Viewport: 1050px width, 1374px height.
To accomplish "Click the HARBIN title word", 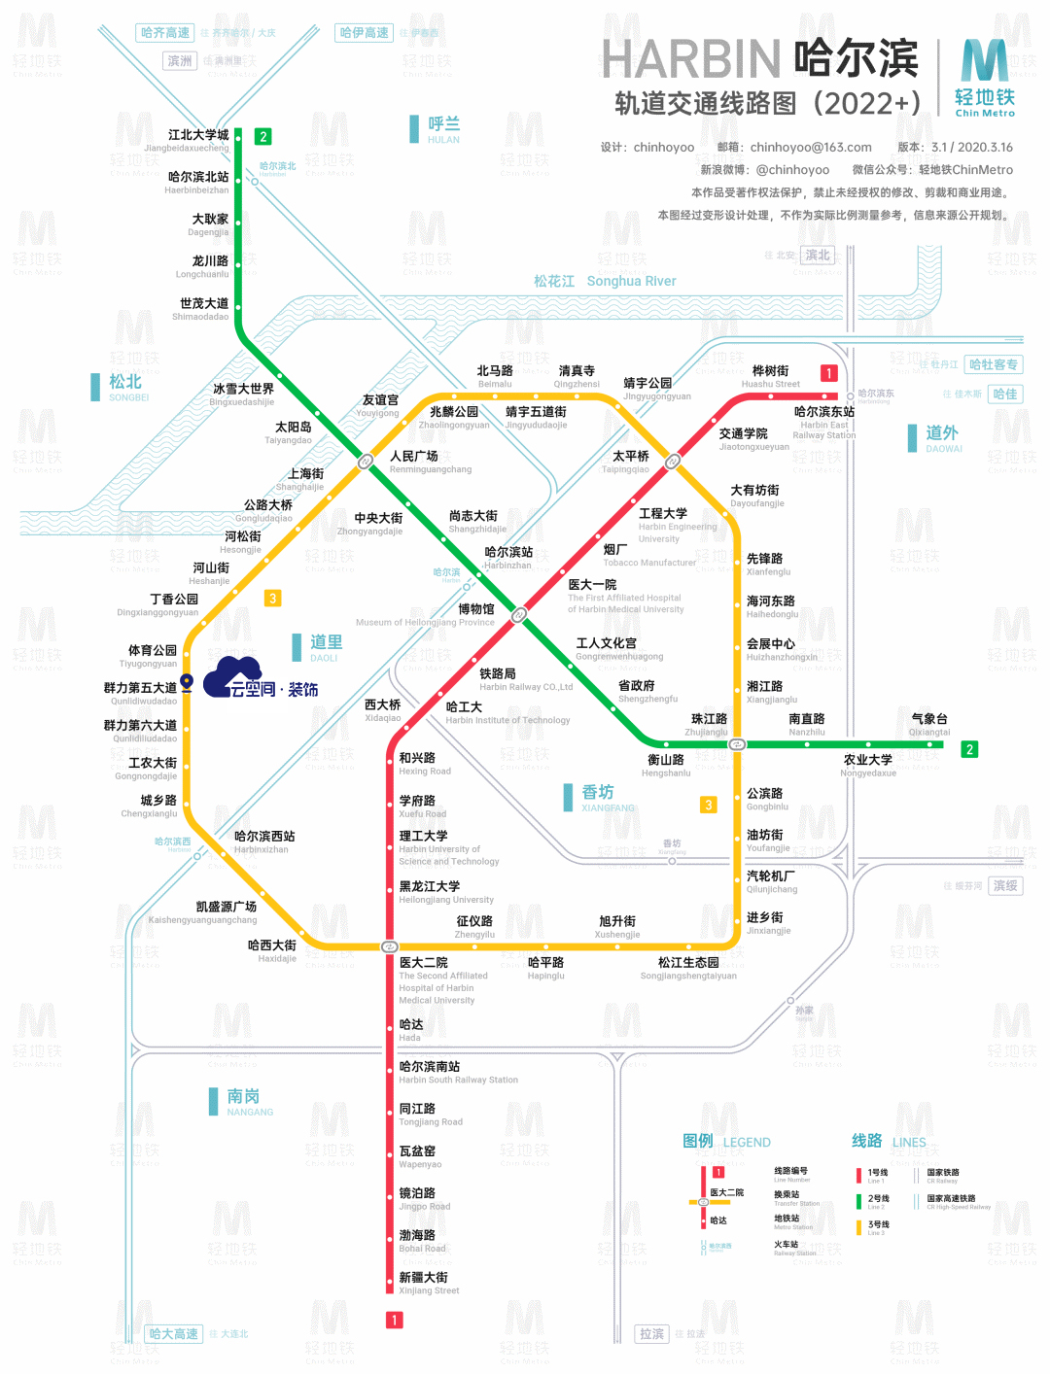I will tap(691, 60).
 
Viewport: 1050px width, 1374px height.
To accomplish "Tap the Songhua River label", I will tap(631, 282).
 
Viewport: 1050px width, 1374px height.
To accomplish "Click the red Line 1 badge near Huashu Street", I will tap(828, 373).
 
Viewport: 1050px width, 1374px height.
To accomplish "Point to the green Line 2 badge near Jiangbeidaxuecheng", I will tap(262, 137).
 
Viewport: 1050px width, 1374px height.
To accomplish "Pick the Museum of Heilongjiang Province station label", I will tap(425, 622).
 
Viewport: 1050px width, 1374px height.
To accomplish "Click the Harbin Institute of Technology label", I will tap(507, 720).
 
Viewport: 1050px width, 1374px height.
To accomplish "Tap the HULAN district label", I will tap(443, 140).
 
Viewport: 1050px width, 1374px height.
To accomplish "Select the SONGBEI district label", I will tap(128, 397).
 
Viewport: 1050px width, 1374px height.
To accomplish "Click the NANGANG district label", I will tap(250, 1112).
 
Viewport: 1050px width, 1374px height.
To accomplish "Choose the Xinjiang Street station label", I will tap(429, 1290).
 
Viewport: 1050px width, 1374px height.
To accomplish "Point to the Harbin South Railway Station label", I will tap(458, 1080).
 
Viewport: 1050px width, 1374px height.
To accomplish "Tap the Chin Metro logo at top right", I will tap(985, 78).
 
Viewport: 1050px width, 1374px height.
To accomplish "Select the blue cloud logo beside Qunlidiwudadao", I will tap(233, 674).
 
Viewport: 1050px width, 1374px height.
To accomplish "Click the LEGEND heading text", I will tap(747, 1143).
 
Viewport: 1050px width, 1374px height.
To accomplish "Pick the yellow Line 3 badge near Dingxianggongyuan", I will tap(273, 599).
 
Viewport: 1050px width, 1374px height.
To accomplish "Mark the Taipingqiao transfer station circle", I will tap(672, 462).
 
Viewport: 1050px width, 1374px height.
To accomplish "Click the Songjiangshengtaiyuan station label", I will tap(688, 976).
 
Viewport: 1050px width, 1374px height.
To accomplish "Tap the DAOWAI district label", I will tap(943, 449).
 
